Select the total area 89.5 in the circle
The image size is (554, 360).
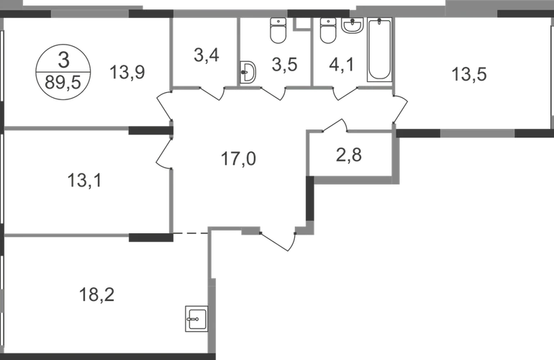[x=65, y=76]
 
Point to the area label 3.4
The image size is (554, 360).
[x=204, y=55]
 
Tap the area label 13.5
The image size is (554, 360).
[x=464, y=73]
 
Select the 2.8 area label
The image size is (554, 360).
[x=351, y=153]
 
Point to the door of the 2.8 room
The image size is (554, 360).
[x=337, y=125]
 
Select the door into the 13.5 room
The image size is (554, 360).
[x=402, y=108]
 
